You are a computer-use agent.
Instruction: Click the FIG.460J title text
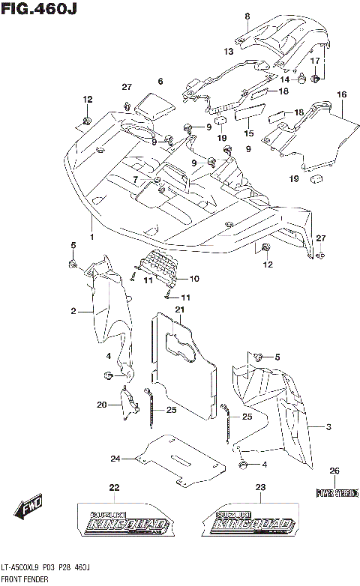click(40, 9)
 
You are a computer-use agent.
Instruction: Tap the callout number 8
click(246, 16)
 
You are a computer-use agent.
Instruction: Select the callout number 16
click(341, 95)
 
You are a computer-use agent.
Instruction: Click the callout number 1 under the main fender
click(92, 237)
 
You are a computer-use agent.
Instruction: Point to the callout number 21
click(180, 309)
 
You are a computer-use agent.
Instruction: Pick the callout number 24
click(115, 459)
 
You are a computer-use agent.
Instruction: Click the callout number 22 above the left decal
click(114, 488)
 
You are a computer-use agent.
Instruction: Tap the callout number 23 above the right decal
click(260, 488)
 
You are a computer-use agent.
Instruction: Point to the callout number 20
click(101, 405)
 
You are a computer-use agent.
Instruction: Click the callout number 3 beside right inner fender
click(328, 426)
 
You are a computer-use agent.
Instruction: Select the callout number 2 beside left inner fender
click(74, 311)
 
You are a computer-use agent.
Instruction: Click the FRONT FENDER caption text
click(24, 579)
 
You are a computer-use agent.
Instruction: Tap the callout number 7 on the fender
click(135, 179)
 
